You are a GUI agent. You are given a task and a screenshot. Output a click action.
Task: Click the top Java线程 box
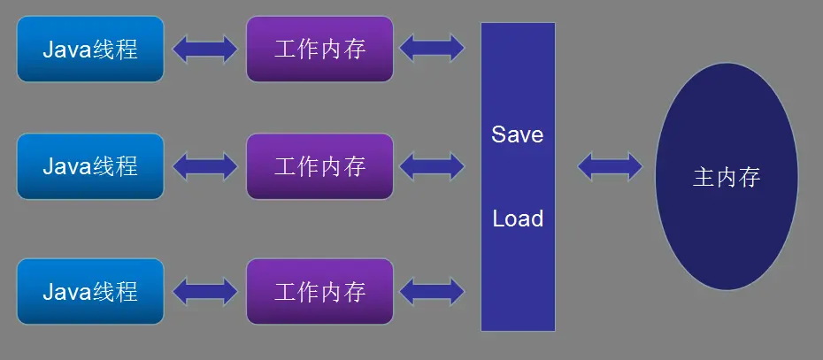(90, 49)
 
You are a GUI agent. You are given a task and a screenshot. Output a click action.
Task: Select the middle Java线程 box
(90, 165)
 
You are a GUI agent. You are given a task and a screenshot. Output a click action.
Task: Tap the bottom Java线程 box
(90, 291)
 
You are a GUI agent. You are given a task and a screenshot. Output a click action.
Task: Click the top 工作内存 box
(319, 49)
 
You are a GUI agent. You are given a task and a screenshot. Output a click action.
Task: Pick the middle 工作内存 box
(319, 165)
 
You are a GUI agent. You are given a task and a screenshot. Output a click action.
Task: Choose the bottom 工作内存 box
(319, 291)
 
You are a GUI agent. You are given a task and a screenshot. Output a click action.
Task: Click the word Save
(518, 135)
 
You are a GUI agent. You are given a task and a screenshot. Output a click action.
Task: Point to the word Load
(518, 218)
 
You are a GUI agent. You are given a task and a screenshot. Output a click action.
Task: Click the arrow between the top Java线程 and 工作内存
(205, 49)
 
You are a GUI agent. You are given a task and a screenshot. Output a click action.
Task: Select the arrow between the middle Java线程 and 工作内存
(205, 165)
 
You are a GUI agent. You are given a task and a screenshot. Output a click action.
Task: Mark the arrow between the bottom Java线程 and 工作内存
(205, 291)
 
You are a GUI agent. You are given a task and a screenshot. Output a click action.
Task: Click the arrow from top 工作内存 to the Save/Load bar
(432, 48)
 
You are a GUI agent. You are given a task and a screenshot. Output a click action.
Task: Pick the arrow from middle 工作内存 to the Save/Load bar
(432, 165)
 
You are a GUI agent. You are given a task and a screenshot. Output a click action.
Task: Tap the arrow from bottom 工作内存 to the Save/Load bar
(432, 291)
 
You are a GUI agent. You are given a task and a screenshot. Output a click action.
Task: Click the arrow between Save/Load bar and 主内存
(610, 165)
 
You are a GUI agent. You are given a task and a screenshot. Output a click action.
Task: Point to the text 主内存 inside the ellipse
(726, 178)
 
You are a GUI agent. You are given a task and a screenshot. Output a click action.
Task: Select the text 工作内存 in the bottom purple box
(319, 291)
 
